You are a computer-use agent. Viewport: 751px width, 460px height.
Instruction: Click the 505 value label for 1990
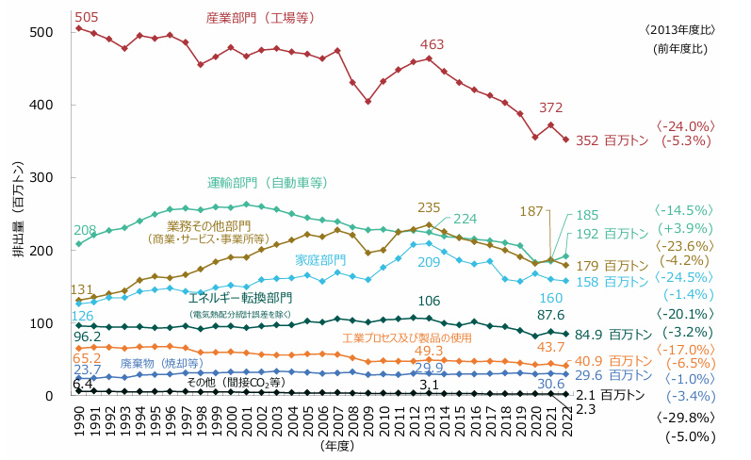tap(86, 16)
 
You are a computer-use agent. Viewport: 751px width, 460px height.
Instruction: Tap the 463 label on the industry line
tap(433, 44)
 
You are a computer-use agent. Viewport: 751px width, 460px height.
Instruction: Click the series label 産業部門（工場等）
tap(261, 18)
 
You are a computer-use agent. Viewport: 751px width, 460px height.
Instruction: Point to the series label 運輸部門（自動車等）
tap(267, 182)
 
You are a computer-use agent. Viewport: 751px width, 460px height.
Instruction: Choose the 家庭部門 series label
tap(320, 259)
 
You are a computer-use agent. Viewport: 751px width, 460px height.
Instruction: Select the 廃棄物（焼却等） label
tap(161, 363)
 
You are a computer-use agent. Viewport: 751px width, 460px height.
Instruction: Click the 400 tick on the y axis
tap(41, 105)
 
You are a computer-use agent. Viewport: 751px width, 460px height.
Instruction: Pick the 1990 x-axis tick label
tap(78, 419)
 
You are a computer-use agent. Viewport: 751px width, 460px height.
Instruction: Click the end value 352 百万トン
tap(613, 140)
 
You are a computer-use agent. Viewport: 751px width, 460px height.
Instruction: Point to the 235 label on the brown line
tap(429, 207)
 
